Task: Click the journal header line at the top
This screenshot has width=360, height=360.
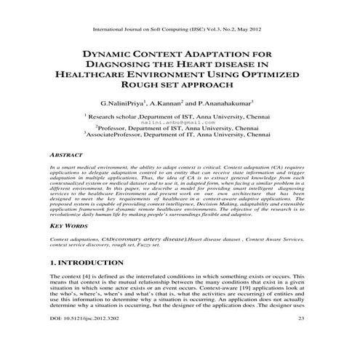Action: [x=180, y=31]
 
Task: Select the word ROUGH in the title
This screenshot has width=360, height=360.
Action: [x=131, y=87]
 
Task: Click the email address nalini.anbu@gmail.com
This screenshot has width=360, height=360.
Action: [x=180, y=122]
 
